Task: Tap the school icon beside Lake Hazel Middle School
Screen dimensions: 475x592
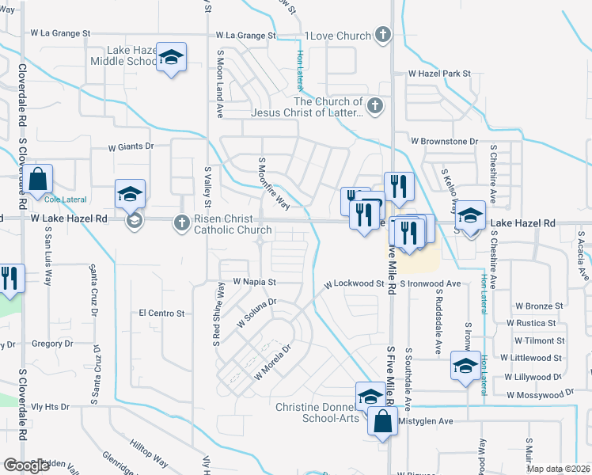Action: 170,58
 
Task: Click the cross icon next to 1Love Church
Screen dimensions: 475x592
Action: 382,35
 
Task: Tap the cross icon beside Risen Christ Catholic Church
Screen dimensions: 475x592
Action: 181,224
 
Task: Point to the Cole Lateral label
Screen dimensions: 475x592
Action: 60,199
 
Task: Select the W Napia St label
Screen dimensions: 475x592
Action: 254,281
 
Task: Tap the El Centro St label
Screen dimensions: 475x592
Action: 161,313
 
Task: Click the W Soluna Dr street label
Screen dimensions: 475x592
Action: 256,312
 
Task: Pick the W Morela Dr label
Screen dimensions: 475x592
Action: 273,360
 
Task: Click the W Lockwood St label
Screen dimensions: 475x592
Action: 359,283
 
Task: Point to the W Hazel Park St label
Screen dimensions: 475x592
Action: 439,74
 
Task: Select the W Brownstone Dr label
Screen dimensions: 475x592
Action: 444,141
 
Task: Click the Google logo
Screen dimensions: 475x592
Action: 26,465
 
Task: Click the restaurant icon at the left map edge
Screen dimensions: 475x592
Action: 9,279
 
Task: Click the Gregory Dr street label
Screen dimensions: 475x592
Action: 52,344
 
